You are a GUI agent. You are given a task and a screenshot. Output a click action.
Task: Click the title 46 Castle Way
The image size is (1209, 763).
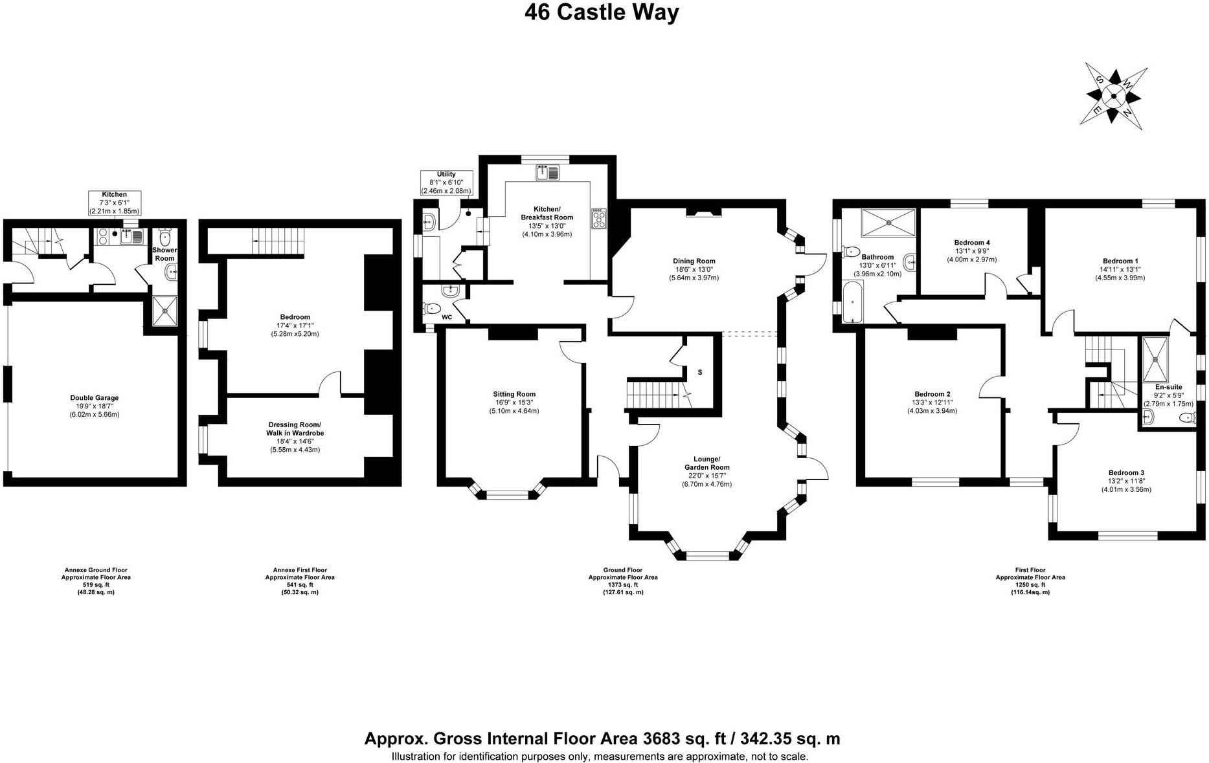click(602, 13)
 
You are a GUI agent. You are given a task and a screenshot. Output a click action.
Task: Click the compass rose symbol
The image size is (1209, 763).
click(1113, 96)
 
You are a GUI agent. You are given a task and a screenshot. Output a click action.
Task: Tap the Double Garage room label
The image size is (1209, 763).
click(95, 406)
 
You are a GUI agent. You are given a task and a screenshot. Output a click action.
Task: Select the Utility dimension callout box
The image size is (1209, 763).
click(446, 182)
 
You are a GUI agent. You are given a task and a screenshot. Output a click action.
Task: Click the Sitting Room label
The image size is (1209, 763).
click(514, 402)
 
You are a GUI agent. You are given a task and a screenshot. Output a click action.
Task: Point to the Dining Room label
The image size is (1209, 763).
click(694, 269)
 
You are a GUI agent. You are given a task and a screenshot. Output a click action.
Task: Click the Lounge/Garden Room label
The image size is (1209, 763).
click(706, 475)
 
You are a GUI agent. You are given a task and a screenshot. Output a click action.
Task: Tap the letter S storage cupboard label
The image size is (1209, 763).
click(699, 373)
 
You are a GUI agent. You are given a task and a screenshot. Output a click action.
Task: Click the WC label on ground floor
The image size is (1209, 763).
click(447, 317)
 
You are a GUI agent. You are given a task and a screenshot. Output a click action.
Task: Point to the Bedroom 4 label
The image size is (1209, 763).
click(972, 250)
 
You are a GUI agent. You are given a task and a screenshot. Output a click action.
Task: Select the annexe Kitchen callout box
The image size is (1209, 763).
click(114, 203)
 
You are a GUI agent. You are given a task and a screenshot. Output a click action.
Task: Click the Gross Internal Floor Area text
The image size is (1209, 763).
click(602, 738)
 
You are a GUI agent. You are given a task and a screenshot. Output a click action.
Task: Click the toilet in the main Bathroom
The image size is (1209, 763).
click(850, 251)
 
